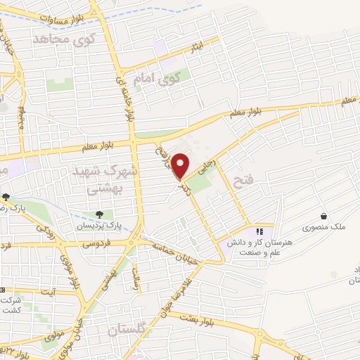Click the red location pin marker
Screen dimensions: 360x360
pos(181,166)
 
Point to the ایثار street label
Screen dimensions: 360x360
pos(201,48)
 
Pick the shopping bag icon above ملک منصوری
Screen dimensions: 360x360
pos(323,216)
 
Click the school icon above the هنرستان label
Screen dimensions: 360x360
pos(259,231)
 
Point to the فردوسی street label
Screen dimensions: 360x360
pos(96,245)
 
